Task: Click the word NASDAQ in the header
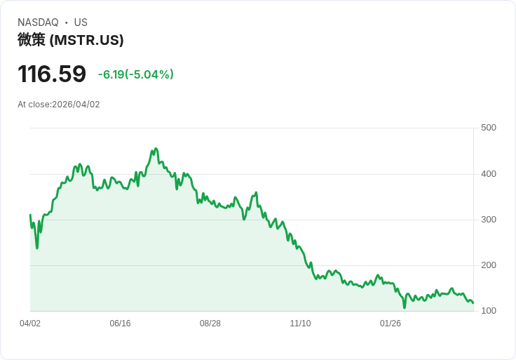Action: click(38, 22)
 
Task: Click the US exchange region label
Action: click(81, 22)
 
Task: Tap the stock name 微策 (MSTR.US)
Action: click(70, 40)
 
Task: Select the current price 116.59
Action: click(52, 74)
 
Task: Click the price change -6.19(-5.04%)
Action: click(136, 74)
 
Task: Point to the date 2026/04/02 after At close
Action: click(76, 105)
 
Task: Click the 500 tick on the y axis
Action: click(489, 128)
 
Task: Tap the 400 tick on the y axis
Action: click(489, 174)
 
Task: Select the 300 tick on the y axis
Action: click(489, 220)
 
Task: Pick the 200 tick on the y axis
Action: click(489, 265)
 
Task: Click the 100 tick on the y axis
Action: click(489, 311)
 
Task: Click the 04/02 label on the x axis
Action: click(30, 324)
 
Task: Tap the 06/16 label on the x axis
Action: click(120, 324)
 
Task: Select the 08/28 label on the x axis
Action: click(210, 324)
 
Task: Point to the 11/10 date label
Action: click(300, 324)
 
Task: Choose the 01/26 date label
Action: click(391, 324)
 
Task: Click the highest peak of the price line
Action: click(156, 149)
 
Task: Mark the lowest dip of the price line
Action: click(405, 307)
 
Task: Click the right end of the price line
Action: click(473, 303)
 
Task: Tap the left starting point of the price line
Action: click(30, 215)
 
